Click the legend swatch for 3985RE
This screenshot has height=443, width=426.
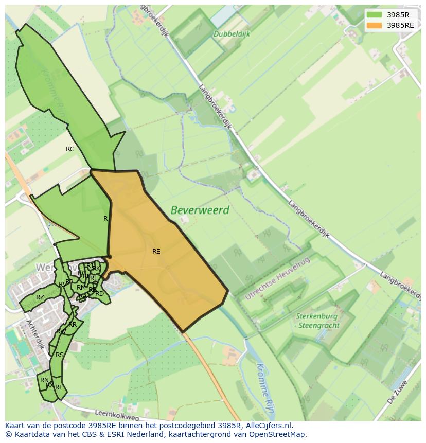[x=375, y=25]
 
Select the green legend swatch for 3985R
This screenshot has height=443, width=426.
[x=375, y=15]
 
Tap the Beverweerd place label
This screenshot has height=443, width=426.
[x=200, y=210]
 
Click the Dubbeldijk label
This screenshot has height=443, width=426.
[x=232, y=34]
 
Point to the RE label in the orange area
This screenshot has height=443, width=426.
[x=156, y=252]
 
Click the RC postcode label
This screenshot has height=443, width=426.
[x=70, y=149]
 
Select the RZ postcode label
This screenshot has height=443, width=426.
[x=40, y=297]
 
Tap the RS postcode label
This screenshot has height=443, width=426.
[x=60, y=355]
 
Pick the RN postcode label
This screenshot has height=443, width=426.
[x=44, y=380]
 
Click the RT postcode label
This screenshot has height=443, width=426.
[x=59, y=387]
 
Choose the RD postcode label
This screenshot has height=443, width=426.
[x=100, y=294]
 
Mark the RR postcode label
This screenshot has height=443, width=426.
[x=73, y=325]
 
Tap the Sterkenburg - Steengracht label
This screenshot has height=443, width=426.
[x=316, y=321]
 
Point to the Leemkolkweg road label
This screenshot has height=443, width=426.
[x=117, y=413]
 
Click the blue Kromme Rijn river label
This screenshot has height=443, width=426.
[x=265, y=383]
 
